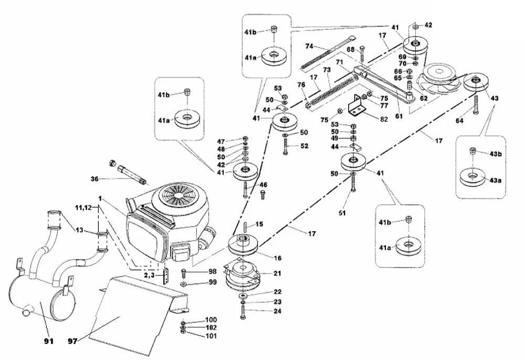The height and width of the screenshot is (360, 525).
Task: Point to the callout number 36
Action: [94, 178]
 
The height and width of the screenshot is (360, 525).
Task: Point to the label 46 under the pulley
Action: [262, 185]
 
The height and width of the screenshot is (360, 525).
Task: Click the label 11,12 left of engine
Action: [87, 208]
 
